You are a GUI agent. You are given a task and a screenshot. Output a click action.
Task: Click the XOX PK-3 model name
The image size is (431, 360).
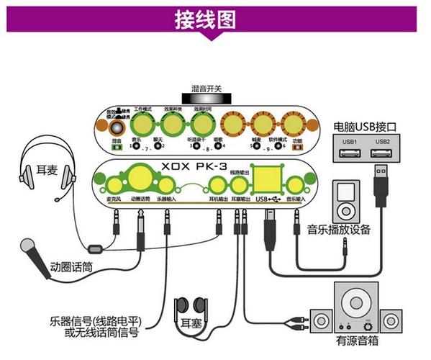click(x=205, y=166)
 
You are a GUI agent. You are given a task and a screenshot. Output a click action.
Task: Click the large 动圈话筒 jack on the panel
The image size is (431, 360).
click(x=141, y=178)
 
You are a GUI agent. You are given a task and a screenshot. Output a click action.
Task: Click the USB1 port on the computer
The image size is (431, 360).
click(x=350, y=152)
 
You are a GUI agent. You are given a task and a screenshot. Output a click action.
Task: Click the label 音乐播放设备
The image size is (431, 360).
click(x=338, y=230)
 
